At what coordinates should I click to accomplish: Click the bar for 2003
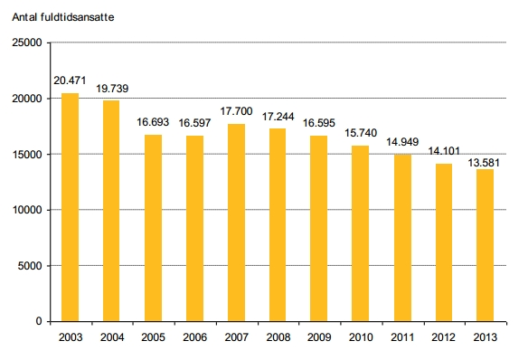(x=70, y=207)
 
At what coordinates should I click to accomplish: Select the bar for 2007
(x=236, y=223)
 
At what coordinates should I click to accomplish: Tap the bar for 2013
(x=485, y=245)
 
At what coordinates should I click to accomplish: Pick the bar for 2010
(x=361, y=233)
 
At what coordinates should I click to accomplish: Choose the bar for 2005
(x=153, y=228)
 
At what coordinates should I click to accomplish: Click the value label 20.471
(x=70, y=81)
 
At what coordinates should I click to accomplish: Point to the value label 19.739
(x=112, y=89)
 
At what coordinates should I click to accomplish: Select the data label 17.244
(x=278, y=117)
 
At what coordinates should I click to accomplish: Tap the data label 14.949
(x=402, y=142)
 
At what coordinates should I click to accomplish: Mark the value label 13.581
(x=484, y=163)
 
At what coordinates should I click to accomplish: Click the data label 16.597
(x=194, y=123)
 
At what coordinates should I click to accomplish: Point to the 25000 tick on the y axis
(x=27, y=43)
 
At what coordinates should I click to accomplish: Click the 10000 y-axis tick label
(x=27, y=210)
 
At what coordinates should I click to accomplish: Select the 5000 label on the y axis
(x=30, y=266)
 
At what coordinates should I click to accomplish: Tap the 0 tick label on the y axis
(x=39, y=321)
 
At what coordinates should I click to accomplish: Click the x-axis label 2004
(x=112, y=337)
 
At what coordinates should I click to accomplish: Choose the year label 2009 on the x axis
(x=319, y=337)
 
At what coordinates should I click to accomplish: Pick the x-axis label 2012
(x=444, y=337)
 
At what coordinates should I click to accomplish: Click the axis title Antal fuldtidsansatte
(x=63, y=17)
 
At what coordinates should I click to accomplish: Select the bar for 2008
(x=278, y=225)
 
